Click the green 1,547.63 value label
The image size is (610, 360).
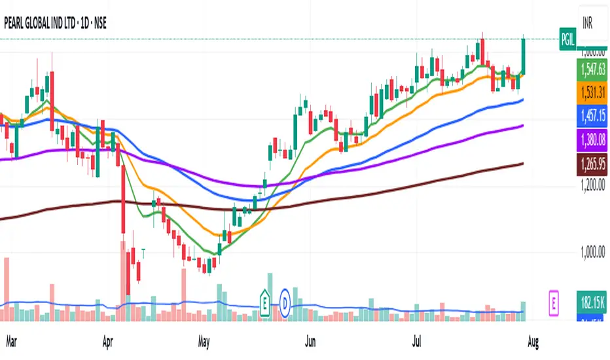588,67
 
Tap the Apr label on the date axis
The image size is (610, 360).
109,341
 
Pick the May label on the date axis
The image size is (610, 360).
204,341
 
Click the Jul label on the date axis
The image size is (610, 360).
418,341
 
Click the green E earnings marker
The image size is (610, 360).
265,302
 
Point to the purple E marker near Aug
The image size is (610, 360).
554,303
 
